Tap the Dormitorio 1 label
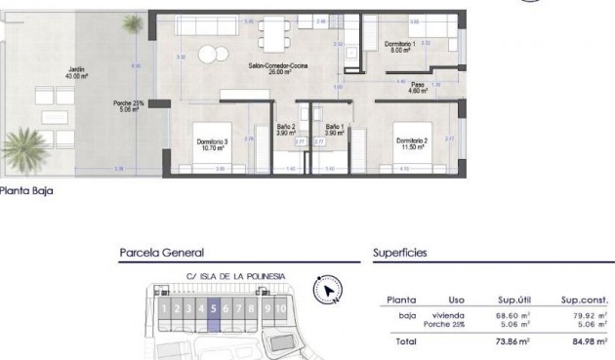[399, 48]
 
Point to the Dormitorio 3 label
[212, 144]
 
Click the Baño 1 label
[335, 129]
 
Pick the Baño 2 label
[286, 129]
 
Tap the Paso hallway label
[417, 86]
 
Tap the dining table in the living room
[273, 38]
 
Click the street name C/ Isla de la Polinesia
[235, 276]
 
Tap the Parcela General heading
[161, 252]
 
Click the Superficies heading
[399, 252]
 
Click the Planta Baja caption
[26, 192]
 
